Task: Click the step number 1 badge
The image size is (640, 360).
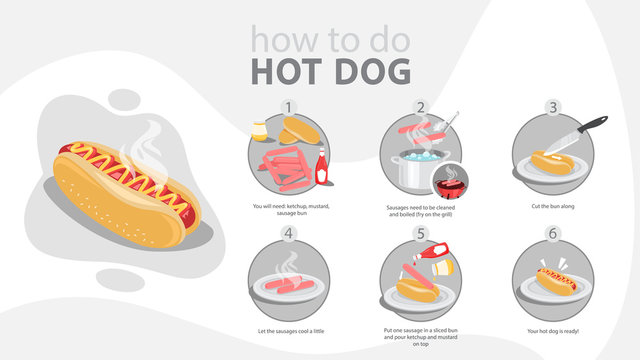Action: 289,107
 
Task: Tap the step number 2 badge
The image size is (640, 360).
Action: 421,107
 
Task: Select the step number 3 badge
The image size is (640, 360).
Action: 552,107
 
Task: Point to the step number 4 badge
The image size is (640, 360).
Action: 289,235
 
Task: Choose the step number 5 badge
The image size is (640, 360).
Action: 421,235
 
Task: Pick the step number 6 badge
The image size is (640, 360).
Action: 552,235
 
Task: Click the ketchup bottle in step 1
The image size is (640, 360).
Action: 322,166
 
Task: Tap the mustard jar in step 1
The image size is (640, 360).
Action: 260,130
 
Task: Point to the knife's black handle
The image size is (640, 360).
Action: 592,124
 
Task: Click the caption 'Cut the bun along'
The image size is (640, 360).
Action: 552,206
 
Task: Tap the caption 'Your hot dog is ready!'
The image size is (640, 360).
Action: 552,330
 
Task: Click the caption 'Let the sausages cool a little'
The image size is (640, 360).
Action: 289,330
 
